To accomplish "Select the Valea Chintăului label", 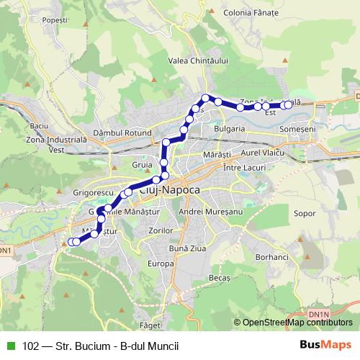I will tap(197, 61).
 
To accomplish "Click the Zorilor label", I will tap(158, 231).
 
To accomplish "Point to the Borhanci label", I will tap(271, 256).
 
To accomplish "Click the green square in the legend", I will tap(9, 345).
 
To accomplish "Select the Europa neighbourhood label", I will tap(161, 264).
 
